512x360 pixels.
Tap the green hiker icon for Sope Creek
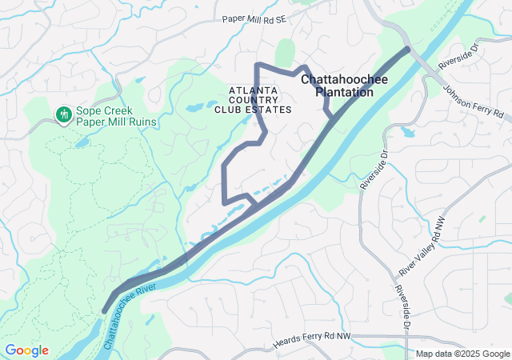click(x=62, y=115)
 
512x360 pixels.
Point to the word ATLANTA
click(x=252, y=90)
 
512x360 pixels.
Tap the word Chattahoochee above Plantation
click(x=344, y=80)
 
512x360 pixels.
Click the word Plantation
click(x=344, y=93)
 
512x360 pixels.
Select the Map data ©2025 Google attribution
click(x=462, y=354)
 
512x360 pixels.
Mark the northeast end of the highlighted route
click(x=408, y=49)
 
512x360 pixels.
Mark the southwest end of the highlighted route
click(x=104, y=311)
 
